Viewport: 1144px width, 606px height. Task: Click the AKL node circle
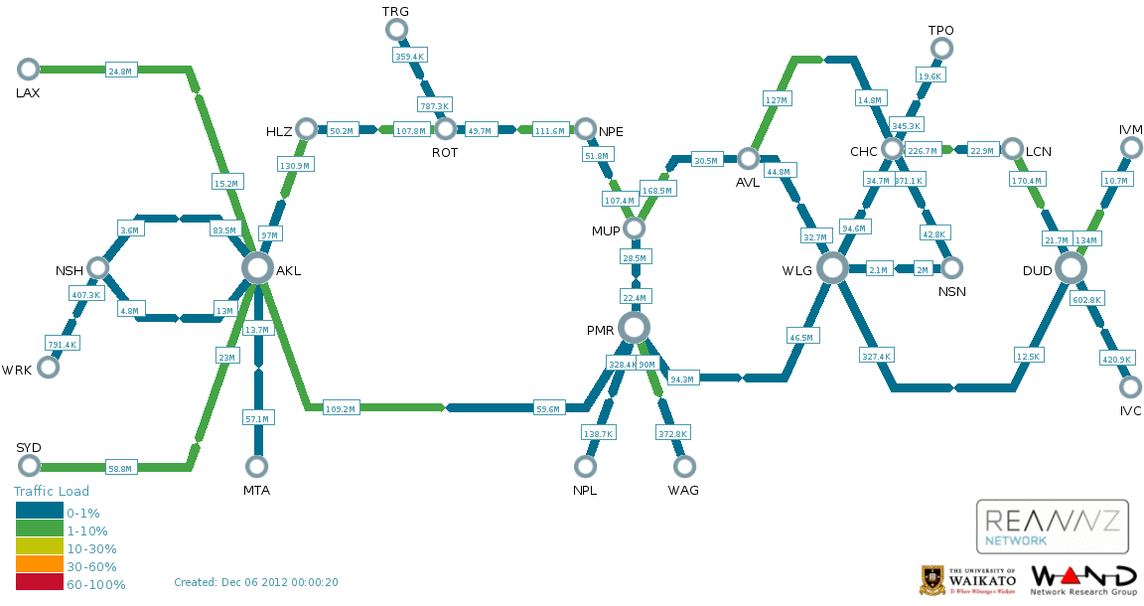[x=257, y=267]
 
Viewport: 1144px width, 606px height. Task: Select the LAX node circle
[x=28, y=69]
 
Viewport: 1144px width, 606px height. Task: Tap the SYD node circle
[x=28, y=466]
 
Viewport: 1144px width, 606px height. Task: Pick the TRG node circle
[x=396, y=29]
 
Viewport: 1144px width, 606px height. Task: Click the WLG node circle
[x=832, y=267]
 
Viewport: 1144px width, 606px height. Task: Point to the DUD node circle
[x=1071, y=267]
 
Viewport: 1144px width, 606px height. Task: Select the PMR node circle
[x=634, y=327]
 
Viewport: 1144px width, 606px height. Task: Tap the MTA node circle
[x=257, y=466]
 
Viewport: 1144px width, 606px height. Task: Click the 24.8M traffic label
[x=120, y=71]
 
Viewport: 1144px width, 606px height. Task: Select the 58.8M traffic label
[x=120, y=468]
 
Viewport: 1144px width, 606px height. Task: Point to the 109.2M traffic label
[x=341, y=408]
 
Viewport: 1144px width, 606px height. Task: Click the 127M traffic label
[x=776, y=100]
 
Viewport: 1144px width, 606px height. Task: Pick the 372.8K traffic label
[x=672, y=434]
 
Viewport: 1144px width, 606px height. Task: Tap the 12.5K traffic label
[x=1028, y=357]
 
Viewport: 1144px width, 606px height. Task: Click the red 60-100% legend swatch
[x=39, y=584]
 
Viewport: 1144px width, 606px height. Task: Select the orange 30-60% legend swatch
[x=39, y=566]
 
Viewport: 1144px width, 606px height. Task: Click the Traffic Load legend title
[x=52, y=491]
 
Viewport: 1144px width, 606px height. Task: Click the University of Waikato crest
[x=932, y=580]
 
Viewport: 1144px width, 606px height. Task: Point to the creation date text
[x=256, y=582]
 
